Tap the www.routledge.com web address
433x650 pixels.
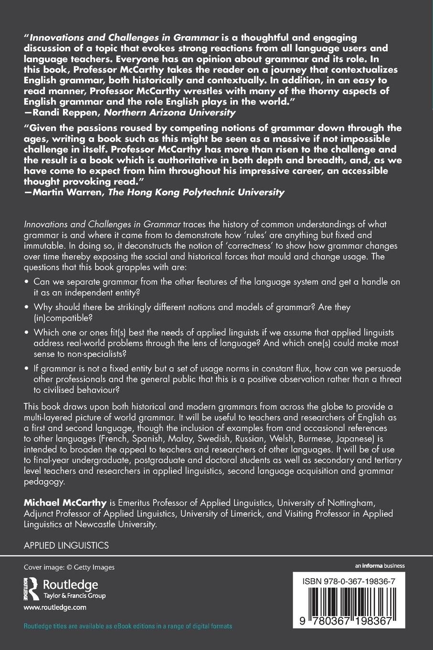(55, 607)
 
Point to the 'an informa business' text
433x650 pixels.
(380, 566)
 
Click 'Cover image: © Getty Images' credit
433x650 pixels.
(69, 567)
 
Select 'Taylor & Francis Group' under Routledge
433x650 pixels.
(74, 596)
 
